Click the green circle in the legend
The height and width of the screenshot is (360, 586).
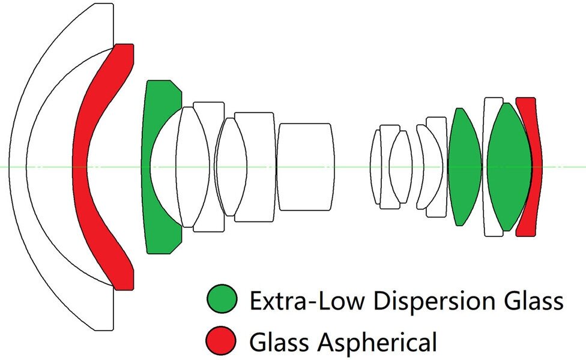[222, 299]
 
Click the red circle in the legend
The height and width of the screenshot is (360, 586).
[222, 341]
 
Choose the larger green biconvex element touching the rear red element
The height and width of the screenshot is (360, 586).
[509, 167]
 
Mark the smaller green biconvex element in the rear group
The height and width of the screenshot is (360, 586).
[465, 167]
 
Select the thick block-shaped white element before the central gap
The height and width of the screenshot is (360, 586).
[305, 167]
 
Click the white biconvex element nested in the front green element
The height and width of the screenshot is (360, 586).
[192, 167]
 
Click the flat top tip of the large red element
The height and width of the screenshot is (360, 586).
[124, 44]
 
